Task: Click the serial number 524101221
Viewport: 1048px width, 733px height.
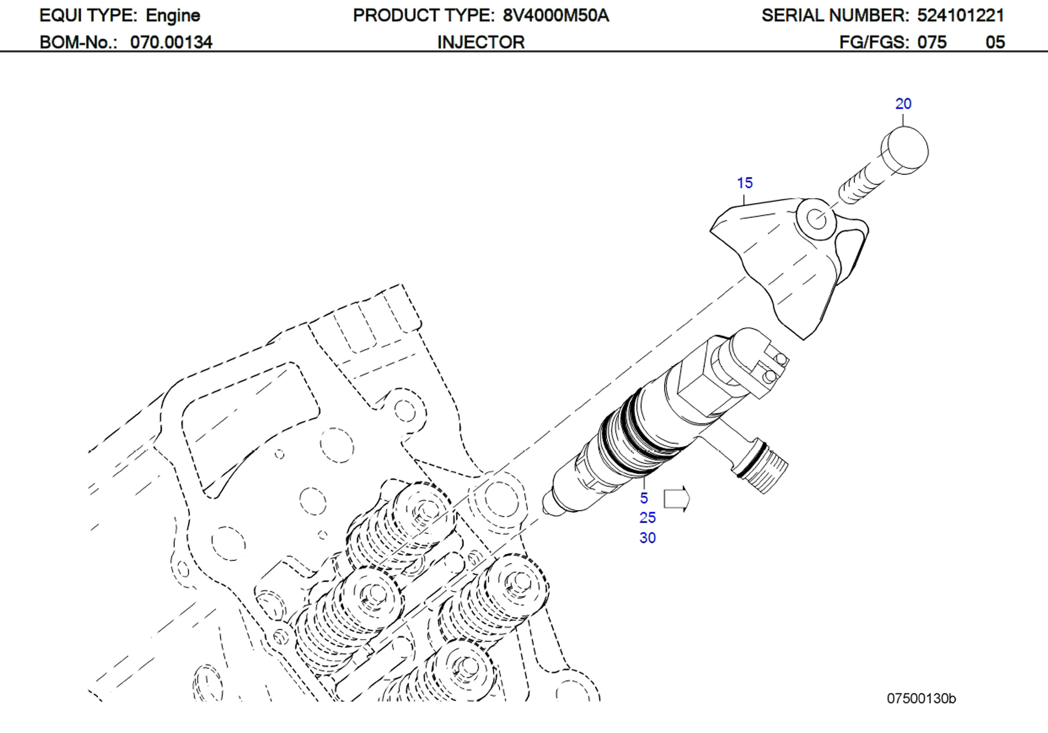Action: [x=960, y=16]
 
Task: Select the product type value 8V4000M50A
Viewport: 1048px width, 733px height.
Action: [x=556, y=16]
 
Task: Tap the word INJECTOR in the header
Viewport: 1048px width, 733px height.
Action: [x=481, y=42]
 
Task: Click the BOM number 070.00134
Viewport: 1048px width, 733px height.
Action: [x=171, y=42]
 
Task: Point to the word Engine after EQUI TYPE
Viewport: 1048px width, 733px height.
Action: [x=173, y=16]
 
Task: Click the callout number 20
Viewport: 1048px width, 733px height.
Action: [x=903, y=104]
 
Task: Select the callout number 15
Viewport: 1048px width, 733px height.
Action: [x=745, y=183]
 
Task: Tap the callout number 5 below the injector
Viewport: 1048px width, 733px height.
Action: [x=644, y=498]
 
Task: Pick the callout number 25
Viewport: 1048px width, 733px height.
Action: [x=647, y=518]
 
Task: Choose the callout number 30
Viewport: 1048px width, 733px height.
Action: [x=647, y=538]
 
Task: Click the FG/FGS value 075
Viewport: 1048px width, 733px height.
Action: [x=932, y=42]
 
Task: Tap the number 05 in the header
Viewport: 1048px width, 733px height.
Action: [x=995, y=42]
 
